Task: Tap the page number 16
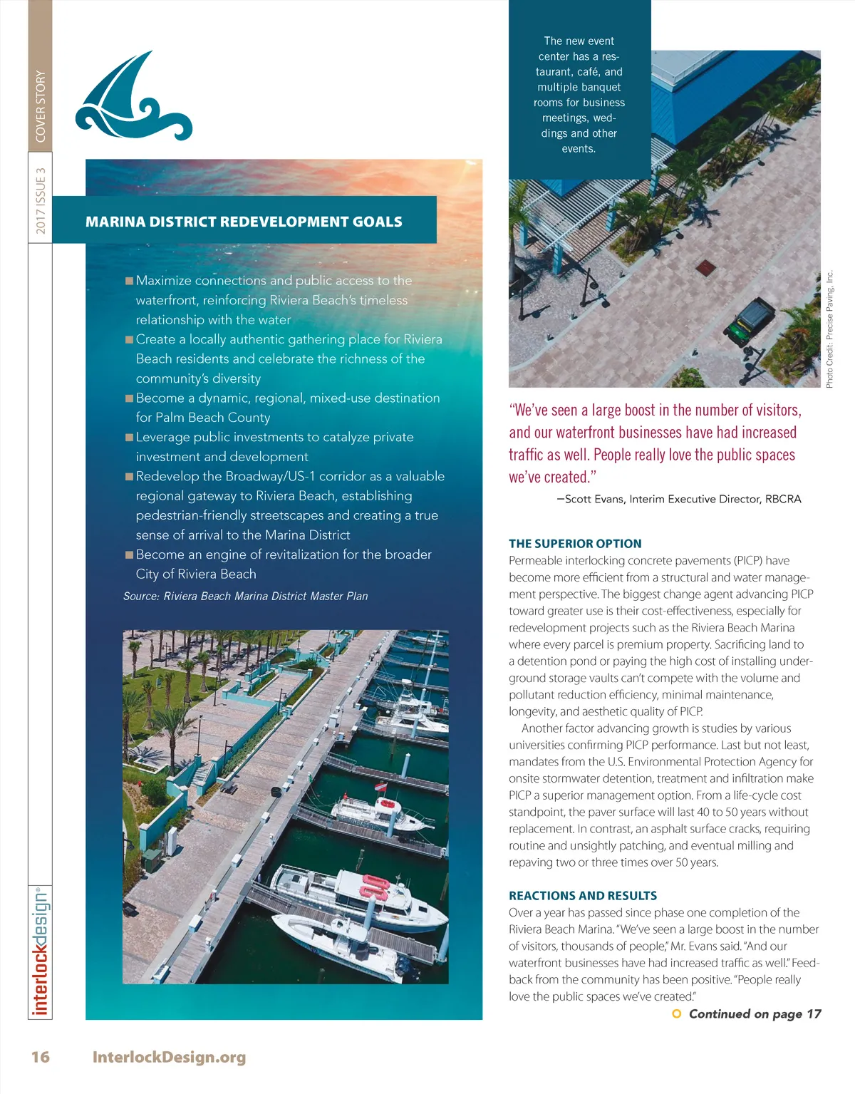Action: [41, 1056]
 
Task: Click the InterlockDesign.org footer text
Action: [169, 1056]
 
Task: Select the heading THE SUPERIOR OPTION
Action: [575, 543]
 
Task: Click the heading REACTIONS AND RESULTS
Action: [583, 895]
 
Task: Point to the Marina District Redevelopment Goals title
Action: [244, 222]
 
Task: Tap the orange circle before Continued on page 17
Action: [677, 1013]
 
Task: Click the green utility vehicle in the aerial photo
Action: [751, 320]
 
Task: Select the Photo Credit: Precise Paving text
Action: [829, 329]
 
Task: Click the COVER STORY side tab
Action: [41, 105]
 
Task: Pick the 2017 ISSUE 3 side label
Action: [41, 200]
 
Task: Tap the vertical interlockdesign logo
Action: [41, 951]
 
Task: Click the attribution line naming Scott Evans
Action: [679, 499]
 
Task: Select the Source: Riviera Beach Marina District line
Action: [246, 596]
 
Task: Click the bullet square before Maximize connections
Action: [130, 281]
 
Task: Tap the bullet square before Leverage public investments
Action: [130, 437]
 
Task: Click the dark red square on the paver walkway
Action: [706, 268]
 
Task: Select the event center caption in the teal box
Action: [579, 95]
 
